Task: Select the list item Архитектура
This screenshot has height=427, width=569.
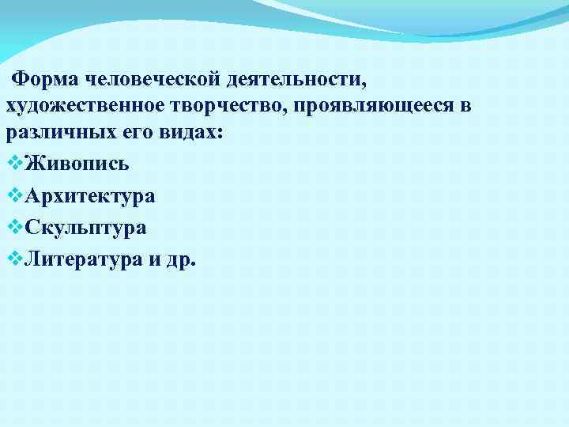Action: [89, 196]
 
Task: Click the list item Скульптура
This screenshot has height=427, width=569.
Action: [85, 228]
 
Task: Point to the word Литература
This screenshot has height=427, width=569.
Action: [82, 259]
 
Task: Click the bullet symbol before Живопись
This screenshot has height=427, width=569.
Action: [13, 164]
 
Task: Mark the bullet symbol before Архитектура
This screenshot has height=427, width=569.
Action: [13, 196]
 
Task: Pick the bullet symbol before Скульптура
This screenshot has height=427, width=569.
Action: [13, 228]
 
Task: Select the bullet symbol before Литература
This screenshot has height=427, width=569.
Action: [13, 259]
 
